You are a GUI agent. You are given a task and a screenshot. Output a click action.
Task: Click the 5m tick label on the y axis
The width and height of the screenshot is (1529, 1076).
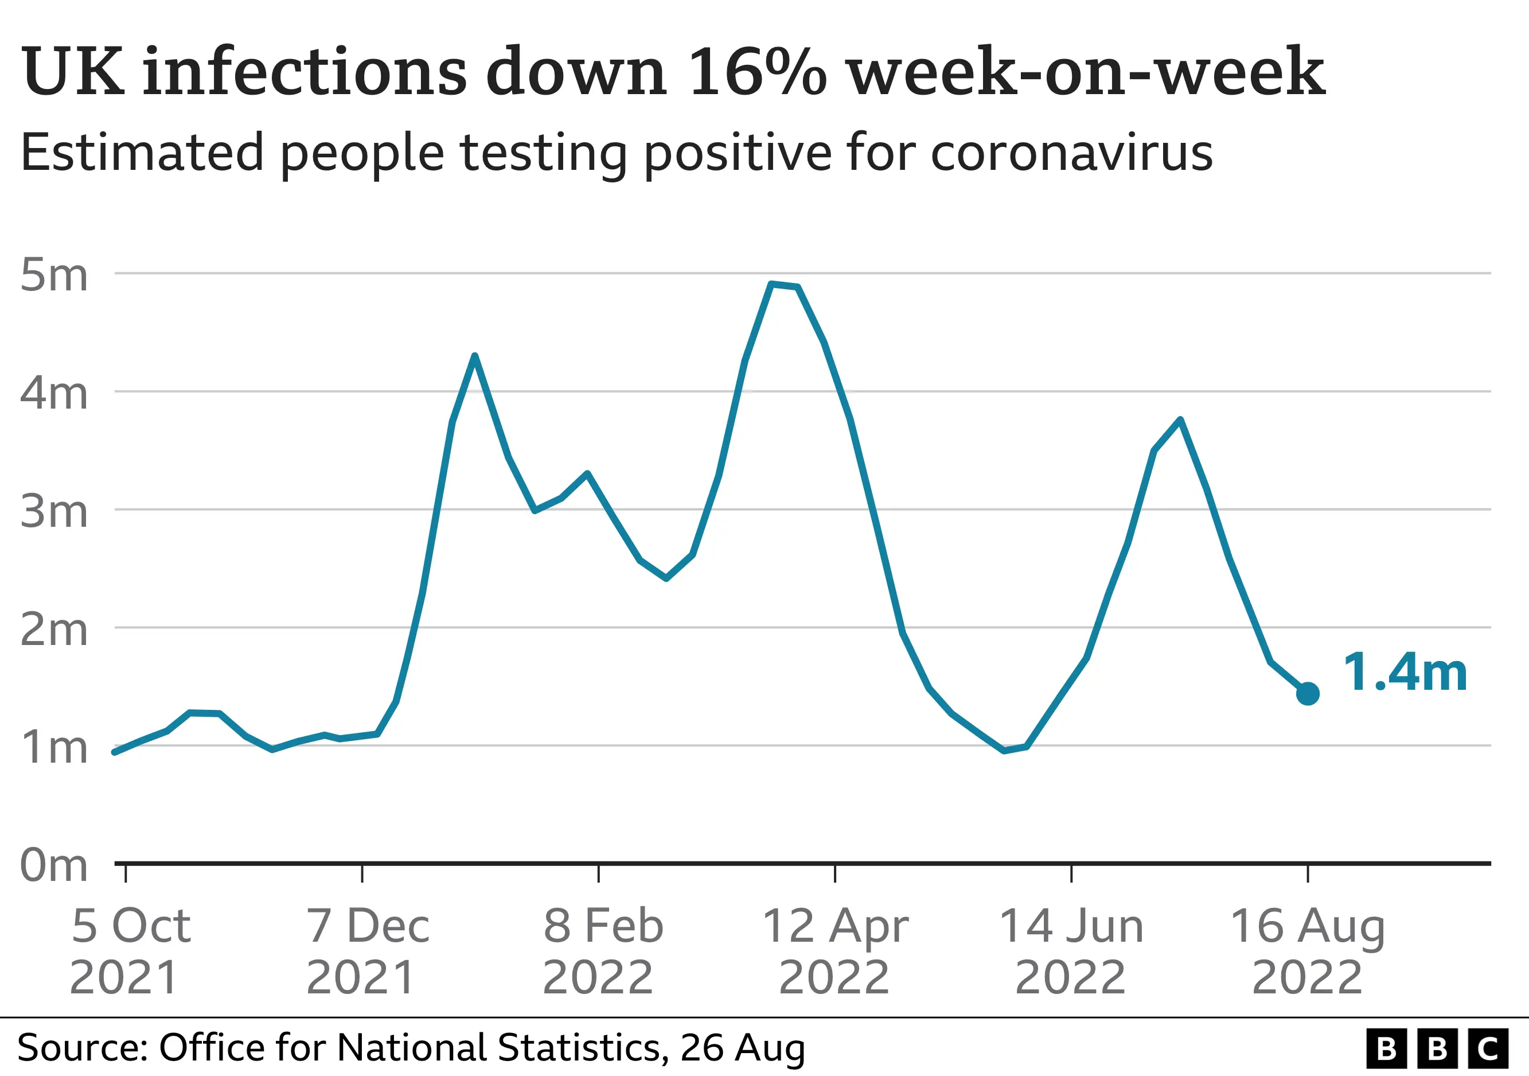(x=53, y=274)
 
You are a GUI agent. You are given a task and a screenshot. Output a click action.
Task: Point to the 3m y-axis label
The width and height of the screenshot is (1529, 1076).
(x=53, y=512)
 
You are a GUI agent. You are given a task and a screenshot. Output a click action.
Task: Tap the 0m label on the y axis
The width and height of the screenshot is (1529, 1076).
(x=53, y=865)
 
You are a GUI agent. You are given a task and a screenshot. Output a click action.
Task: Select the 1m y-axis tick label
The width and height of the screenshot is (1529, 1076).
(x=53, y=748)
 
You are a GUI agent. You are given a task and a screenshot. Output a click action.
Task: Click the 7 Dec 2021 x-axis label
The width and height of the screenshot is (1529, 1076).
(x=367, y=951)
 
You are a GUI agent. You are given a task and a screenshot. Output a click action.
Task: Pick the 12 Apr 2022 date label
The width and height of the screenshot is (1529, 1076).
(x=834, y=951)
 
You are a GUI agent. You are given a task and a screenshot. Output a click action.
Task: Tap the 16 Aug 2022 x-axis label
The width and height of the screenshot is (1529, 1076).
(x=1307, y=951)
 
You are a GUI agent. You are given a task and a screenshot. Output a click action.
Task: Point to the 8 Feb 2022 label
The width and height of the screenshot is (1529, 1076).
(x=602, y=951)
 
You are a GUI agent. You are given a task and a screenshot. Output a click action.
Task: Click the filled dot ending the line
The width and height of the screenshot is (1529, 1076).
(x=1307, y=694)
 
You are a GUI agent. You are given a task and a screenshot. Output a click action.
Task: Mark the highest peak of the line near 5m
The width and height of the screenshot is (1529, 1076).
(x=771, y=284)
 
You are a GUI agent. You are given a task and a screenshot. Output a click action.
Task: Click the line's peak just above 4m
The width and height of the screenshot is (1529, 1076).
(x=474, y=356)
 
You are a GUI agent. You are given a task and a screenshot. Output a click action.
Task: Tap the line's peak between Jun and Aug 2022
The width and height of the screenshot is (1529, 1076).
(x=1180, y=419)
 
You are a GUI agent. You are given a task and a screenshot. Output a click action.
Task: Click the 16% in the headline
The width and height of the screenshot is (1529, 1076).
(x=757, y=71)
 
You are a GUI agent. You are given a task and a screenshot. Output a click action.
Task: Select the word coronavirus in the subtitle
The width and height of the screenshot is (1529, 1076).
(x=1071, y=153)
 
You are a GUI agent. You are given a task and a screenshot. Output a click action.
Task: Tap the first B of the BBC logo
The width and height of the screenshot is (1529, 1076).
(x=1387, y=1048)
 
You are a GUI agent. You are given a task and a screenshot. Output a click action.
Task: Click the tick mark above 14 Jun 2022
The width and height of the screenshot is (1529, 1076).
(x=1071, y=873)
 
